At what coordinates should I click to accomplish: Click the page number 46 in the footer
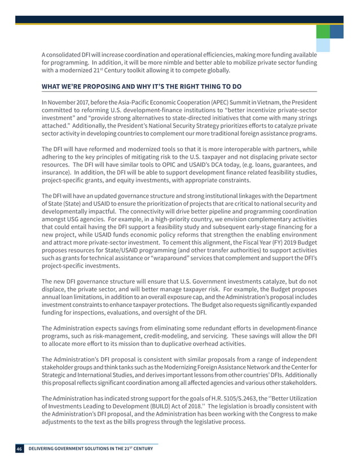point(19,449)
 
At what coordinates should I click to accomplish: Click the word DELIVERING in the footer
point(47,449)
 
